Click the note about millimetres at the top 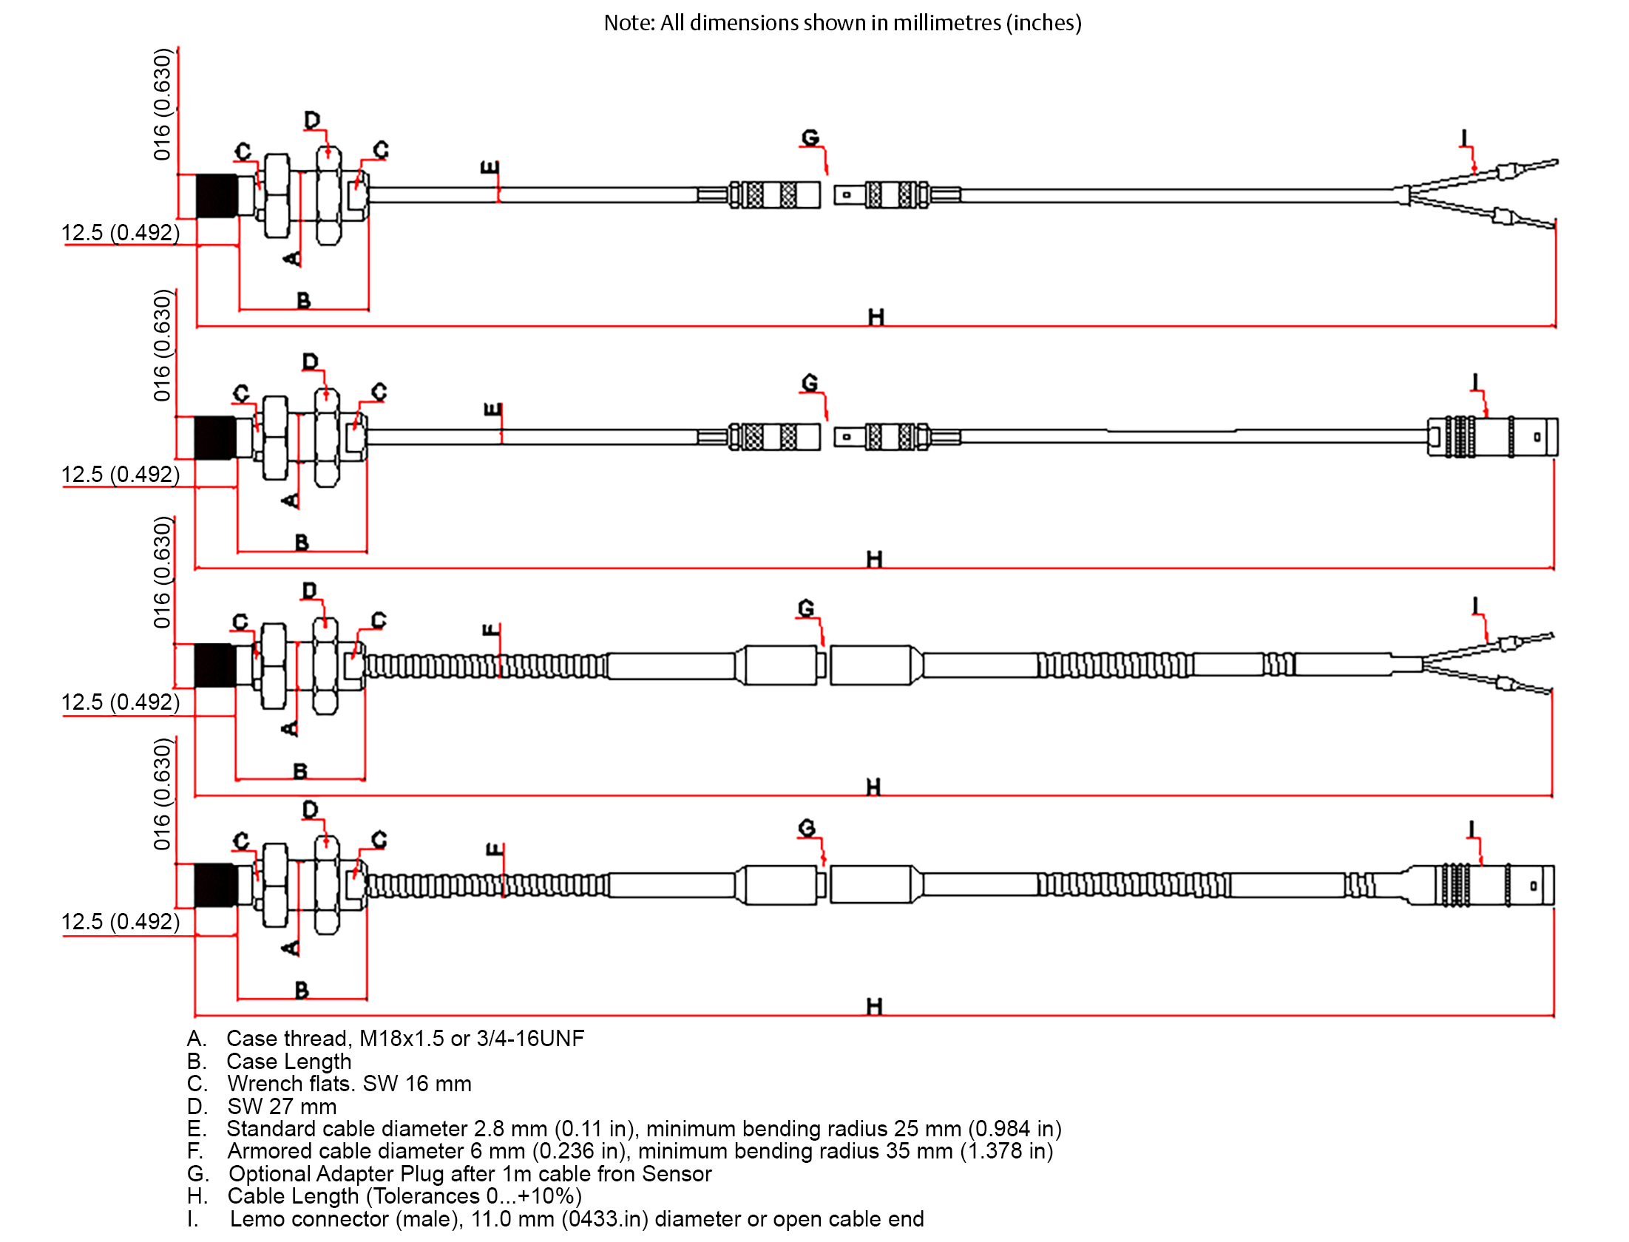coord(842,23)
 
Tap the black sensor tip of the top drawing coord(217,196)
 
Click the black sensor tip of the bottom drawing coord(216,885)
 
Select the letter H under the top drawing coord(876,316)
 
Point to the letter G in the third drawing coord(806,608)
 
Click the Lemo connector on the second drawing coord(1492,437)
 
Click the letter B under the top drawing coord(303,300)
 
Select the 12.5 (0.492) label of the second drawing coord(121,474)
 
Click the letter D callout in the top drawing coord(312,120)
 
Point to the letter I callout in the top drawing coord(1463,138)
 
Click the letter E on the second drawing coord(492,410)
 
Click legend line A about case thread coord(385,1039)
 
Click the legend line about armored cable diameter coord(620,1151)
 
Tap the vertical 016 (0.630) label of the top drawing coord(162,104)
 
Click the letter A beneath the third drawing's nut coord(290,728)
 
